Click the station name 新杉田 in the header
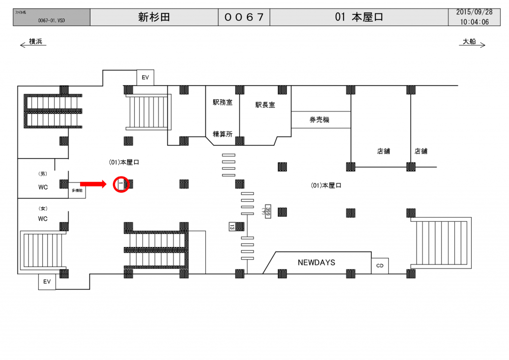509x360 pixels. [x=154, y=17]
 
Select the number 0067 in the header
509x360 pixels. [x=244, y=17]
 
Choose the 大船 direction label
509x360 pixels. [x=469, y=42]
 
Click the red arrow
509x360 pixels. [x=93, y=184]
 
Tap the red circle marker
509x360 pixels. [x=121, y=184]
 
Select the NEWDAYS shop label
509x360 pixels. [x=316, y=262]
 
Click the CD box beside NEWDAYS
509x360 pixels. [x=380, y=266]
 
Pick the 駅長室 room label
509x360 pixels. [x=265, y=105]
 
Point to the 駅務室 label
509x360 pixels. [x=222, y=102]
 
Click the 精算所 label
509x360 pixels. [x=222, y=133]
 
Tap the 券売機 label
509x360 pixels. [x=319, y=120]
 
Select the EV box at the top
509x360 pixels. [x=146, y=78]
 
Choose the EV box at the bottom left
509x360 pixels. [x=47, y=282]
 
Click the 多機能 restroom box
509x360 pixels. [x=77, y=190]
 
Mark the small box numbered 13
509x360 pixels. [x=232, y=227]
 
